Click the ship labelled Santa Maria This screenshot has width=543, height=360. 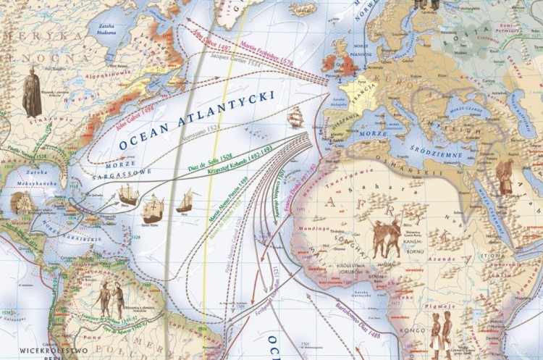(x=153, y=209)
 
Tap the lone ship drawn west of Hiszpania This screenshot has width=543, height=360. (x=295, y=117)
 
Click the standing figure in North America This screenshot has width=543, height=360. (x=31, y=92)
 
